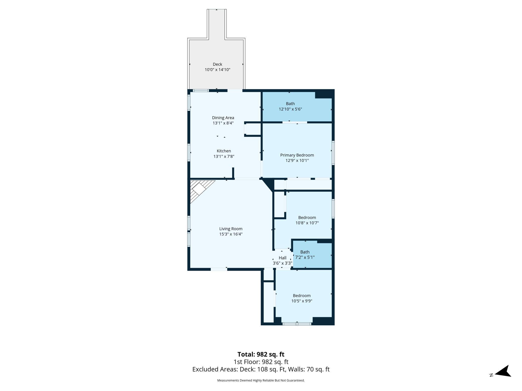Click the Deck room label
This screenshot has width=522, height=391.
(x=217, y=64)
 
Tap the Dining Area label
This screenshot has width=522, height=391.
(x=223, y=118)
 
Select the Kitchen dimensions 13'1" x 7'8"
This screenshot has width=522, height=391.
(x=224, y=156)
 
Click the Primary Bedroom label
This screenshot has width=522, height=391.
(x=297, y=155)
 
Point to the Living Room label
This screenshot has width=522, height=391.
(x=231, y=229)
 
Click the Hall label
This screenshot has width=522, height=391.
(x=283, y=258)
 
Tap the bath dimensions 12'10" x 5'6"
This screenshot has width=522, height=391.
(x=290, y=109)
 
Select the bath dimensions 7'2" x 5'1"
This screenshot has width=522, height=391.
(x=305, y=257)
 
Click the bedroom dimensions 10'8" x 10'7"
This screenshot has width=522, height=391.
(x=307, y=223)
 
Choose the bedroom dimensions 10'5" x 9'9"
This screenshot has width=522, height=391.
(x=302, y=301)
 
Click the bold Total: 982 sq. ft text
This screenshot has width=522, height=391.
(x=261, y=354)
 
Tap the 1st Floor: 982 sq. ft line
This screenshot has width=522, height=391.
(x=261, y=362)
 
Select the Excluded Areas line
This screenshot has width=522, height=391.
(x=261, y=369)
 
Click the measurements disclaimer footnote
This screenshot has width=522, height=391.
(x=261, y=380)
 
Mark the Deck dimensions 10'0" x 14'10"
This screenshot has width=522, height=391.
(x=217, y=70)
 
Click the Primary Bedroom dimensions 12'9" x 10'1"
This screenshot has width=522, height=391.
(x=297, y=160)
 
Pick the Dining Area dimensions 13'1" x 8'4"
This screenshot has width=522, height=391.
(x=223, y=123)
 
